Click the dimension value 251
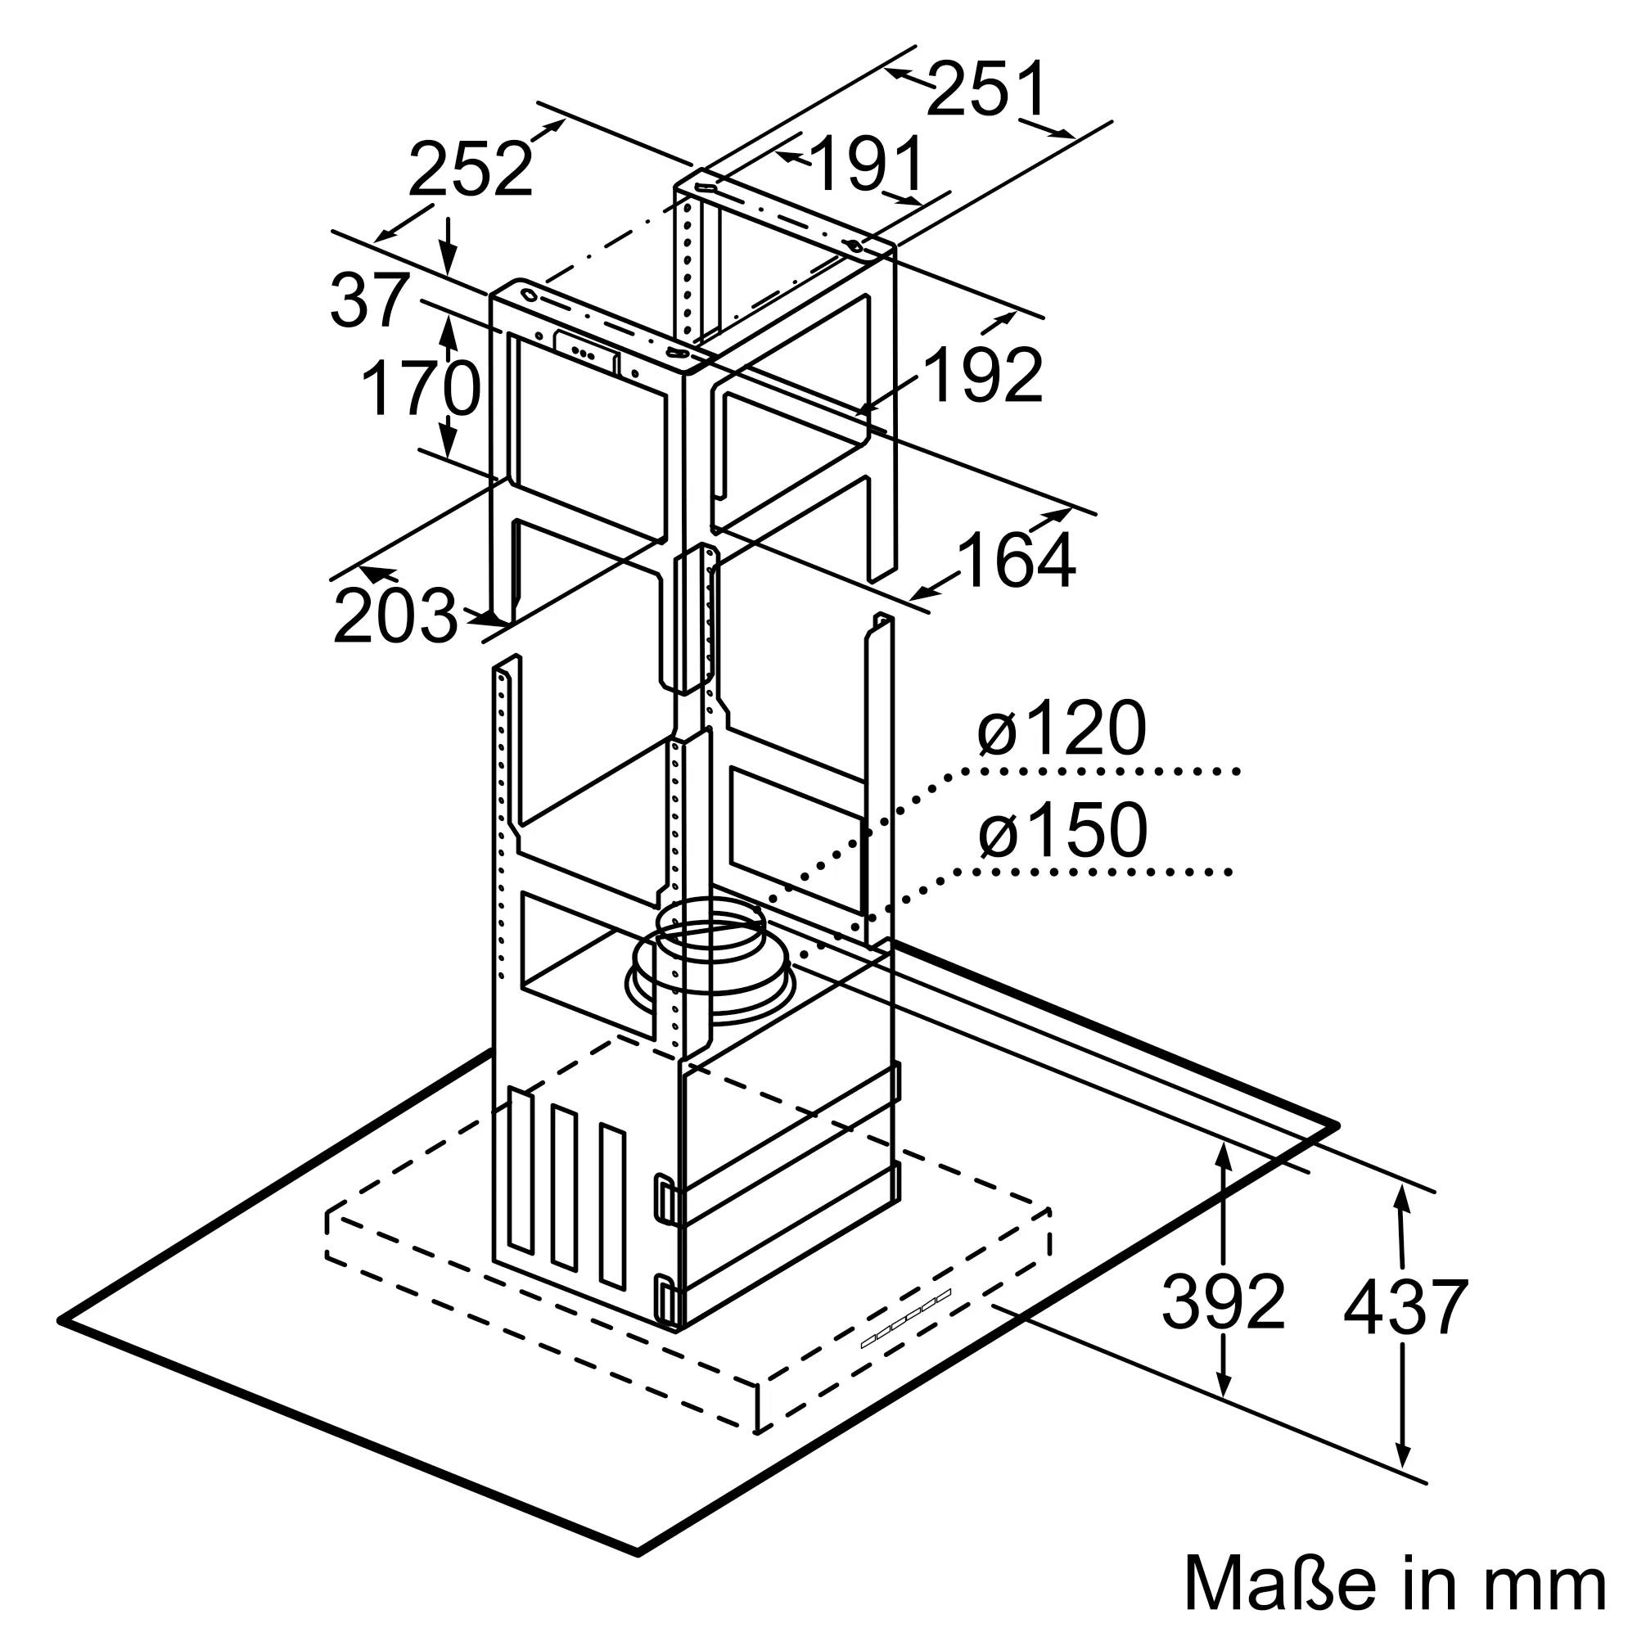tap(987, 89)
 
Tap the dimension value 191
tap(868, 164)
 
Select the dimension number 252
tap(471, 169)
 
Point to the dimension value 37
tap(369, 300)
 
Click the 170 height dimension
tap(421, 389)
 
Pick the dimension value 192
tap(983, 376)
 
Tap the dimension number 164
tap(1015, 560)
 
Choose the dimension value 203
tap(395, 616)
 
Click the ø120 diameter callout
tap(1061, 728)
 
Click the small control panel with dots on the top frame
tap(585, 350)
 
